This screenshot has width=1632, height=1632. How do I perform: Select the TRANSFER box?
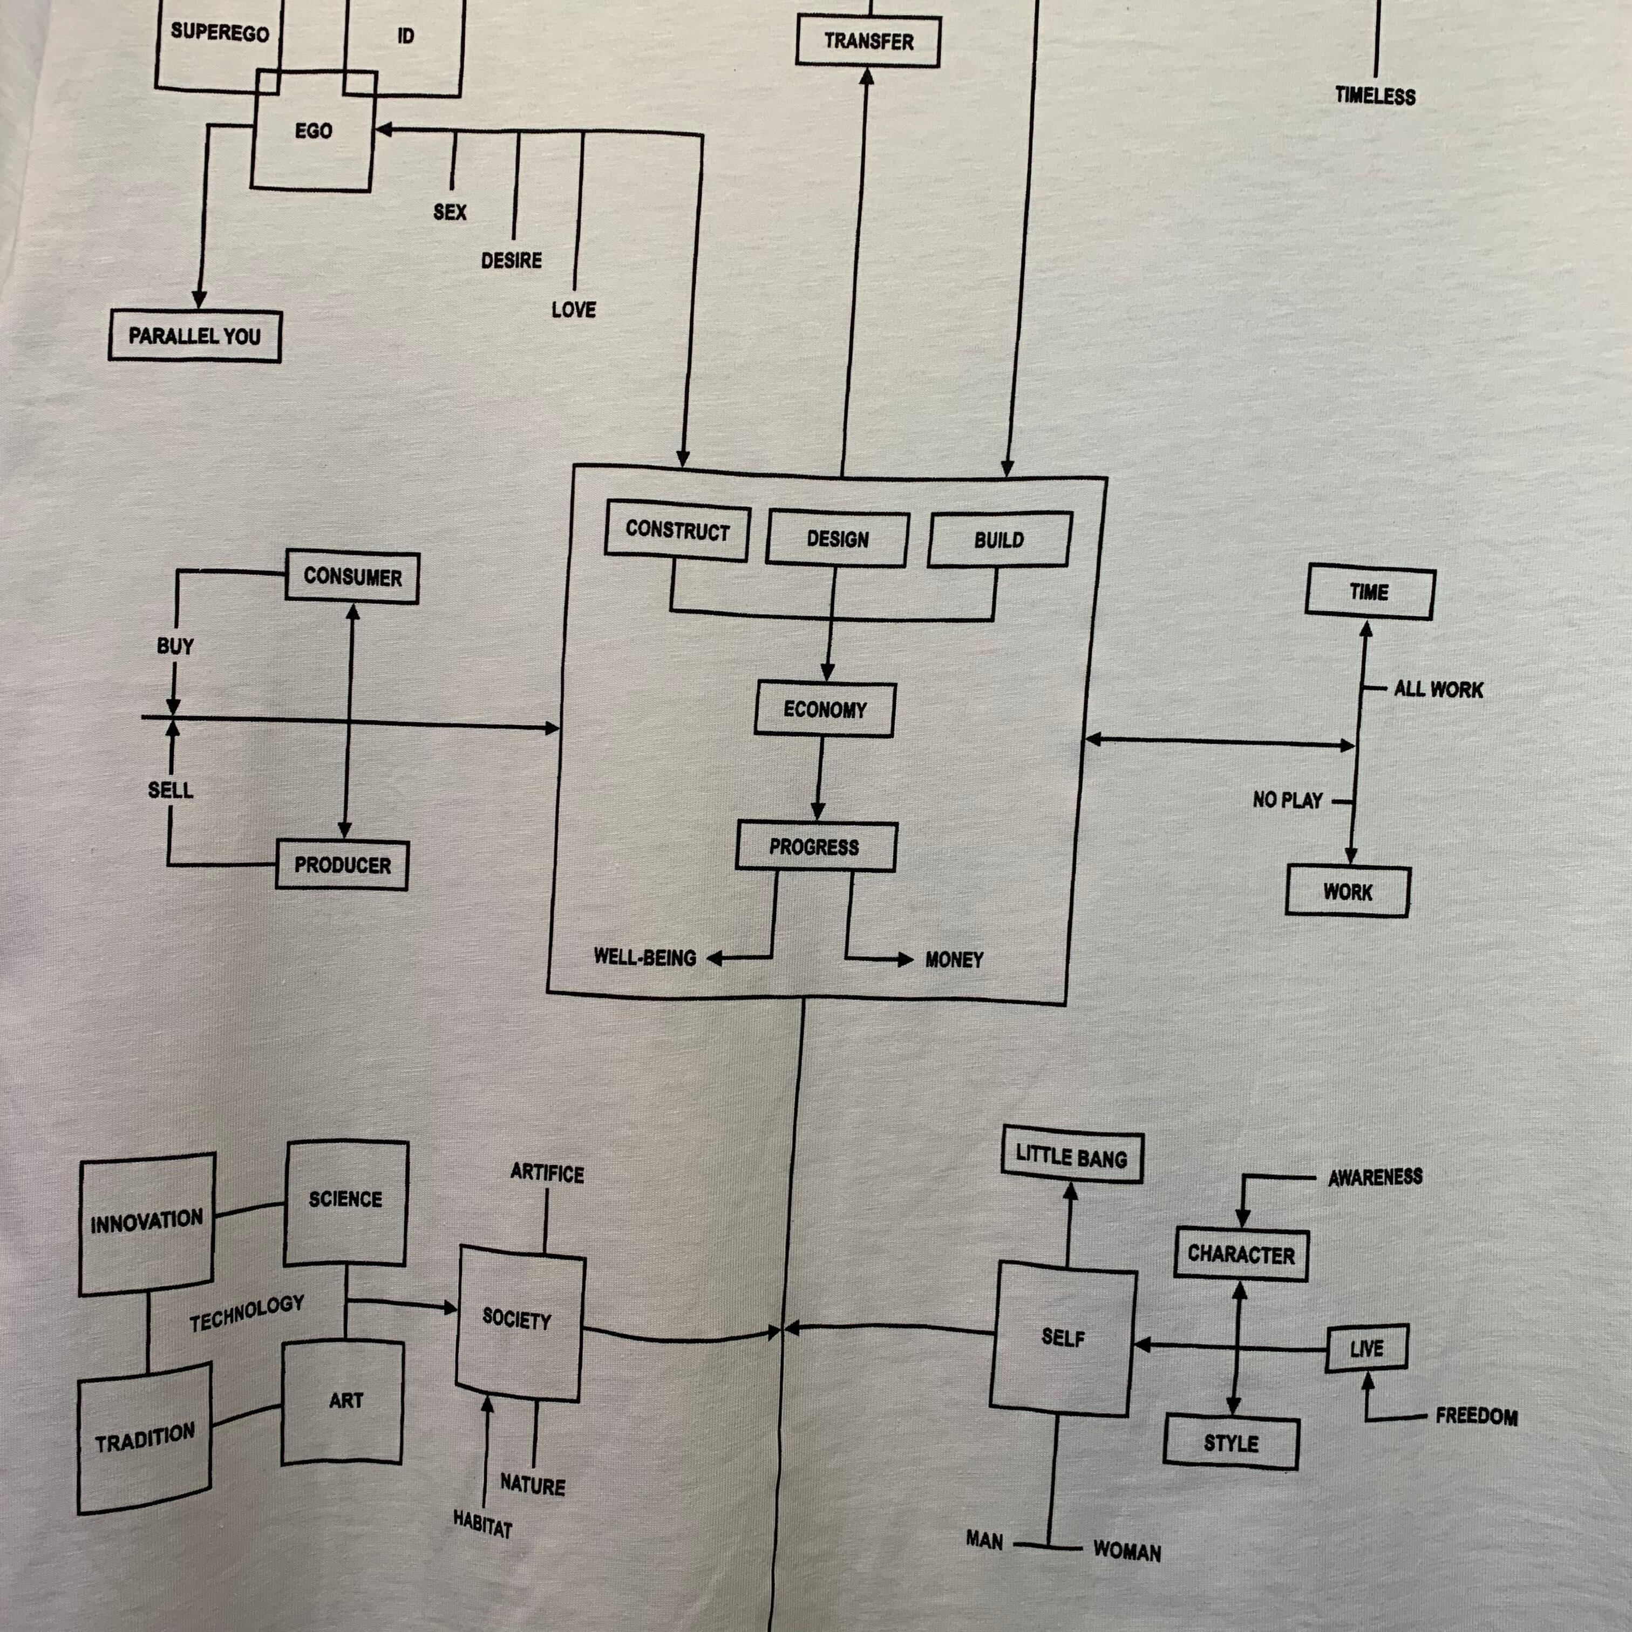pos(868,42)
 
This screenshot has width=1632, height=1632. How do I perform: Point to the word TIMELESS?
pos(1375,96)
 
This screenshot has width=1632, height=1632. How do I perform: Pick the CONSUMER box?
pos(352,578)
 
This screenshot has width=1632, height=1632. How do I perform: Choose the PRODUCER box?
pos(342,865)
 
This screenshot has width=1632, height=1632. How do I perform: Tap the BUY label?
pos(175,646)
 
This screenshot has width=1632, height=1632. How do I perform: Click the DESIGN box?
pos(837,539)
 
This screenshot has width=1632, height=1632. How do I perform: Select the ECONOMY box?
pos(825,710)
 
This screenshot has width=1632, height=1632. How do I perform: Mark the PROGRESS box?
pos(814,846)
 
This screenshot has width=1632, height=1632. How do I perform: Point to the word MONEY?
pos(954,960)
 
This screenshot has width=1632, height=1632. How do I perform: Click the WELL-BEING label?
pos(644,957)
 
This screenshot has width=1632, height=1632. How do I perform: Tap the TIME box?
pos(1369,592)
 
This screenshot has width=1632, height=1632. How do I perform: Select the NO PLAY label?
pos(1287,800)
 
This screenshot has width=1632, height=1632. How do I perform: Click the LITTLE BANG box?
pos(1071,1157)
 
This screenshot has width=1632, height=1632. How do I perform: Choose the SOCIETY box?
pos(517,1320)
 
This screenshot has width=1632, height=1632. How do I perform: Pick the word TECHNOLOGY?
pos(247,1314)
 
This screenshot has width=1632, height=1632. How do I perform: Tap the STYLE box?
pos(1231,1443)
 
